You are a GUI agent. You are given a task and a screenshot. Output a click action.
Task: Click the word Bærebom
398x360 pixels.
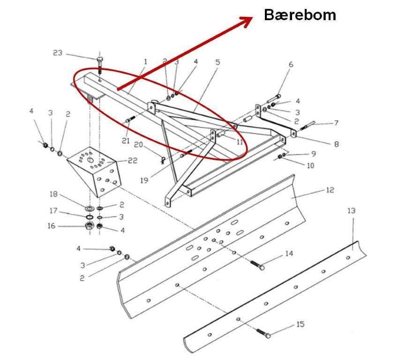[x=300, y=15]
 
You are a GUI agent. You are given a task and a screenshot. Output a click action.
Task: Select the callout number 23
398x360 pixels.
[x=58, y=53]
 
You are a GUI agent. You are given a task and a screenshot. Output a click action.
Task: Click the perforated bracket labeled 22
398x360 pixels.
[x=94, y=171]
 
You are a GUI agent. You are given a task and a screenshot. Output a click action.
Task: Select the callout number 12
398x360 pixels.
[x=330, y=190]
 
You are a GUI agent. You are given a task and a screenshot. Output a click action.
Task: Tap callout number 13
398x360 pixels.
[x=352, y=211]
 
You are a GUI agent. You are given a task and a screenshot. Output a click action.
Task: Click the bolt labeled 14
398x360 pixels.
[x=258, y=265]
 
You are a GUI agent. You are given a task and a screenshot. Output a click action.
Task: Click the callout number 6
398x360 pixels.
[x=291, y=64]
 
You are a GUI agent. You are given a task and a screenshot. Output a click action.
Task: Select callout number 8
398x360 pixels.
[x=336, y=144]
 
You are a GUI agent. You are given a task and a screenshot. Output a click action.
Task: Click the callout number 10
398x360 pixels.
[x=310, y=165]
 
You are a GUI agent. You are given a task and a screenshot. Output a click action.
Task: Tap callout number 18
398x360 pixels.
[x=54, y=194]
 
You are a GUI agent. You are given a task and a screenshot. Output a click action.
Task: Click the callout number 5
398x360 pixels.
[x=218, y=62]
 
